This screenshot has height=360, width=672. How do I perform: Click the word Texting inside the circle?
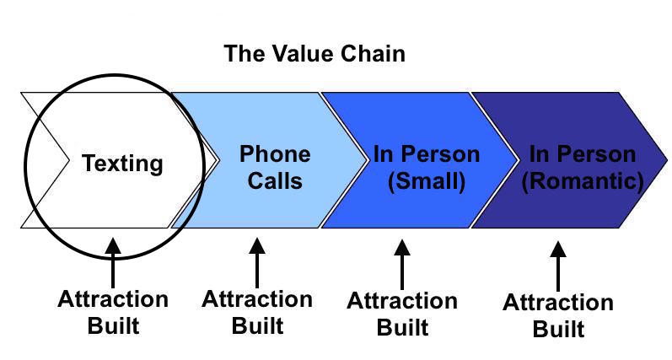click(x=122, y=164)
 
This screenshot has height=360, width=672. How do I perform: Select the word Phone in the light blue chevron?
click(x=275, y=153)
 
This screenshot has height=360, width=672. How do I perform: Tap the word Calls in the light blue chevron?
click(x=275, y=180)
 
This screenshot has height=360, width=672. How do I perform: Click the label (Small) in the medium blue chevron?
click(x=427, y=181)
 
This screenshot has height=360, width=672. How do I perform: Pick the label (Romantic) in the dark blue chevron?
click(x=583, y=181)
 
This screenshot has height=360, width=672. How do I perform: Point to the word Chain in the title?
click(x=373, y=54)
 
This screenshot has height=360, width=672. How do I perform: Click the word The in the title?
click(x=245, y=54)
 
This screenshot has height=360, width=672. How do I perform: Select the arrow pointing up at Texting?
click(x=113, y=263)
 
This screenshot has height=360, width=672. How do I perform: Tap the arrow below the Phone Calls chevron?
click(x=257, y=263)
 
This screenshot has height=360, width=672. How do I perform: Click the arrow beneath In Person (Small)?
click(x=402, y=265)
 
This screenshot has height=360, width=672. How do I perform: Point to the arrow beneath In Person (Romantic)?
click(x=558, y=266)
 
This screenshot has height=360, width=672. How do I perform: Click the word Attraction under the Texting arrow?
click(x=113, y=299)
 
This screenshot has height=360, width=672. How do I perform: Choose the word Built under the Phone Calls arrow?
click(x=257, y=325)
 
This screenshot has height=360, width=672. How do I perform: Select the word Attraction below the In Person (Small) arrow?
click(x=402, y=301)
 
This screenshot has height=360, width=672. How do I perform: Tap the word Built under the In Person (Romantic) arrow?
click(x=558, y=329)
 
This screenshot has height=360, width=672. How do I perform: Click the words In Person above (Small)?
click(x=427, y=154)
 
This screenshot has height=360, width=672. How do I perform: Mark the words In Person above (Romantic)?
click(x=583, y=154)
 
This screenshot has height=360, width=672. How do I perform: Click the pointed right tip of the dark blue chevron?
click(x=667, y=160)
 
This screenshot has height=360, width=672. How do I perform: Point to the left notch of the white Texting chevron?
click(x=68, y=160)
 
